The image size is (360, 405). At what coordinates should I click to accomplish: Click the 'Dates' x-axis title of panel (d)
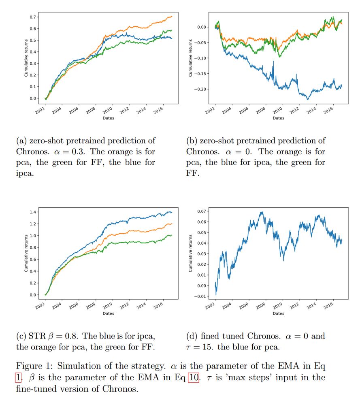click(x=279, y=313)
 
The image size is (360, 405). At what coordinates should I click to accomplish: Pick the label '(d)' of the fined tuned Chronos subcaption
click(x=192, y=336)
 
